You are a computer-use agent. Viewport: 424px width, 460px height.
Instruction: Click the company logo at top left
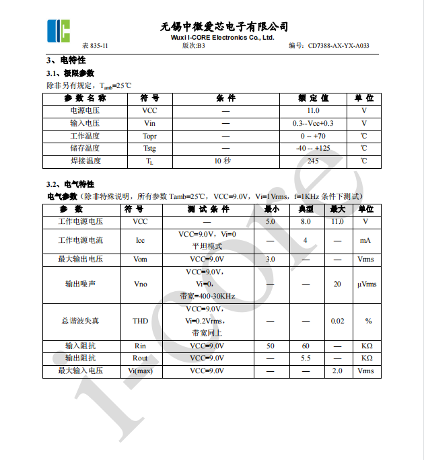[x=58, y=30]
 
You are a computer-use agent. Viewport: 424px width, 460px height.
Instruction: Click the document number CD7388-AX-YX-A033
[x=338, y=46]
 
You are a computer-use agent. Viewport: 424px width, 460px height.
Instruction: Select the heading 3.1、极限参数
[x=70, y=73]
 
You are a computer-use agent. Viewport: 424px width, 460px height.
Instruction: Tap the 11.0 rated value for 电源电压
[x=313, y=110]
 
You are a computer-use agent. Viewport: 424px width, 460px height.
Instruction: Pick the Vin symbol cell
[x=149, y=123]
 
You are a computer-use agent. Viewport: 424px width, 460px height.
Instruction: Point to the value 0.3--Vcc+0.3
[x=313, y=123]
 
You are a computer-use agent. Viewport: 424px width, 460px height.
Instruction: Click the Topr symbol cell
[x=149, y=136]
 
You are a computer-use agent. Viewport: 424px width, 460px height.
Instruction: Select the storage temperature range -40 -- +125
[x=313, y=148]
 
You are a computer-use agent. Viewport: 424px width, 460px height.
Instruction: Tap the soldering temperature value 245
[x=313, y=161]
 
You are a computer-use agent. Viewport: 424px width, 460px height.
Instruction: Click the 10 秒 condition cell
[x=222, y=161]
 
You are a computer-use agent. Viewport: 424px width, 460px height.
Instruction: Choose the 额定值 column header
[x=313, y=98]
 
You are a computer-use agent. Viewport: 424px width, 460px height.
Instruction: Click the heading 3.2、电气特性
[x=70, y=184]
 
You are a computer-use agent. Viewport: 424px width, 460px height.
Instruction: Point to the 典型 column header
[x=306, y=209]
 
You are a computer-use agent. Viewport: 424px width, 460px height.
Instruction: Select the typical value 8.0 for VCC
[x=306, y=221]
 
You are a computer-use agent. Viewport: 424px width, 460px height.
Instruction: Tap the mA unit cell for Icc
[x=365, y=240]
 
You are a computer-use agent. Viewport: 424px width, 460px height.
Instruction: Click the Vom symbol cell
[x=140, y=259]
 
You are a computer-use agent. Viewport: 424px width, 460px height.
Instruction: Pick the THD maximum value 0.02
[x=337, y=321]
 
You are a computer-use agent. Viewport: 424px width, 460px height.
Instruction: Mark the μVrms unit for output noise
[x=367, y=284]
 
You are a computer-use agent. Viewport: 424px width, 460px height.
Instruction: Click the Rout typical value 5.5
[x=306, y=358]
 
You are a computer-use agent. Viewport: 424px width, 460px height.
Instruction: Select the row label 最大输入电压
[x=80, y=371]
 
